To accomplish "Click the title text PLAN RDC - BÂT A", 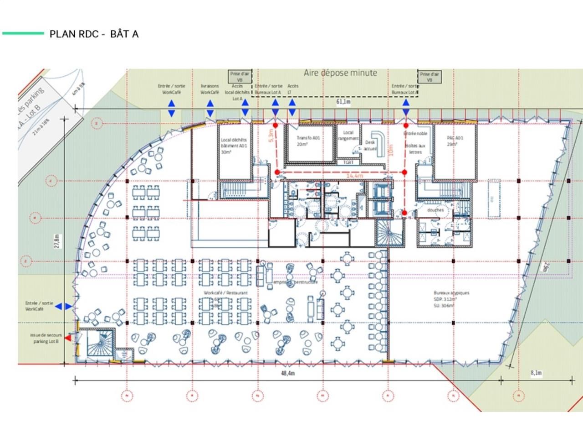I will coord(94,34).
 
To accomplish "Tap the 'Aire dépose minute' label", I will coord(340,73).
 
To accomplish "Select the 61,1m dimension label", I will coord(343,102).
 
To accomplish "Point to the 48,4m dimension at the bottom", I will coord(287,373).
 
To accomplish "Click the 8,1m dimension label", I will coord(536,373).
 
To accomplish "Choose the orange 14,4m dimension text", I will coord(354,176).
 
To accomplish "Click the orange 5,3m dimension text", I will coord(271,136).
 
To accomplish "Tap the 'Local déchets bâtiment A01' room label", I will coord(234,146).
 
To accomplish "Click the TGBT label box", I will coord(348,162).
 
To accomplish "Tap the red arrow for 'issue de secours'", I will coord(68,338).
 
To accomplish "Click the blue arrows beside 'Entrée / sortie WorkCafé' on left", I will coord(63,307).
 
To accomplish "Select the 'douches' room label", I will coord(435,210).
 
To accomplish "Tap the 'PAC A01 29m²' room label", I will coord(455,141).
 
